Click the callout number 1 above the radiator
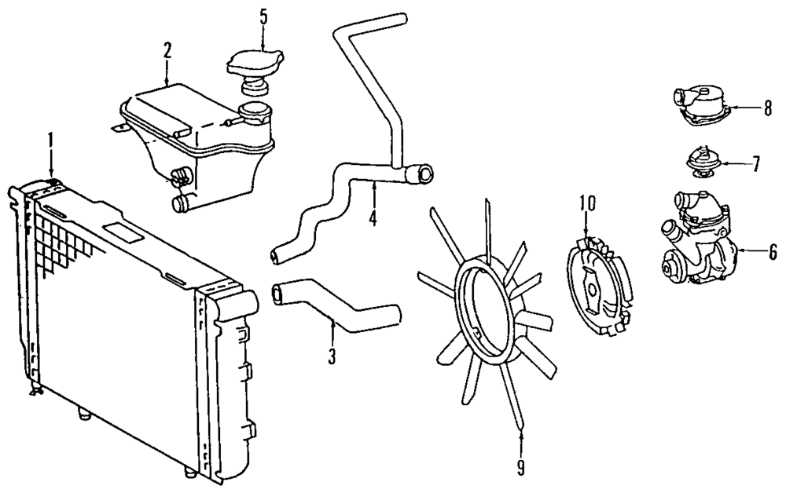coord(50,142)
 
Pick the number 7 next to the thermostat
coord(755,164)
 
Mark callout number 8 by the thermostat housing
coord(767,109)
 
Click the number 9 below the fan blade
coord(520,467)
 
